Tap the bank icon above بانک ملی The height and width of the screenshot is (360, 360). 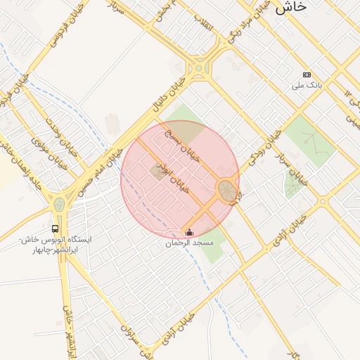click(x=307, y=75)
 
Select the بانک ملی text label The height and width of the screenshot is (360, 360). click(x=308, y=85)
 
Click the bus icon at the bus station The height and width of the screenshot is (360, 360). click(x=55, y=229)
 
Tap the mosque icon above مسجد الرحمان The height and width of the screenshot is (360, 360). click(x=188, y=233)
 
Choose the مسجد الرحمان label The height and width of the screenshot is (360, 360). click(x=188, y=243)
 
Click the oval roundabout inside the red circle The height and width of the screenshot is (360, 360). click(x=226, y=190)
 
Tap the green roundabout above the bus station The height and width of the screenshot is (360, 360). click(x=60, y=205)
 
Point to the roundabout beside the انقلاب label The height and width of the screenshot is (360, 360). click(x=201, y=68)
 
